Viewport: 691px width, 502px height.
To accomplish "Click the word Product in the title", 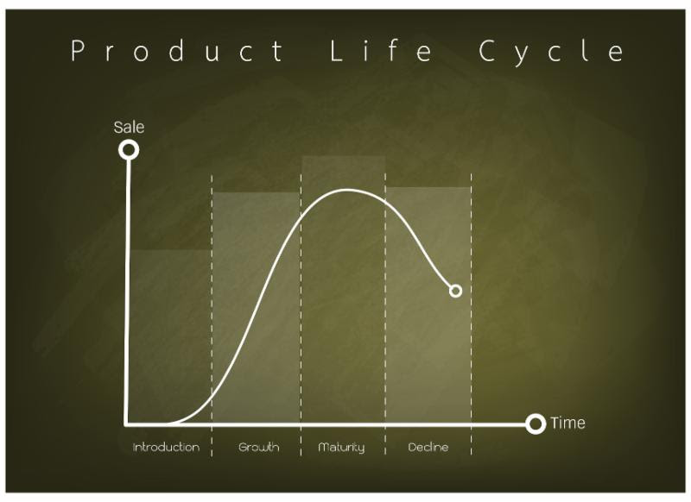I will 177,52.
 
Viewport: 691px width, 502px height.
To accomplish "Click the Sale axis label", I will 129,128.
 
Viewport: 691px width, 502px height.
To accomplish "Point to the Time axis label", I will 567,423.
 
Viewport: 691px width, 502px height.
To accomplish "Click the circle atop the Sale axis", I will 129,150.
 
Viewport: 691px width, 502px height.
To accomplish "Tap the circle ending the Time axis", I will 536,424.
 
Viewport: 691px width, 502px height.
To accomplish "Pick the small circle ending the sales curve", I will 455,291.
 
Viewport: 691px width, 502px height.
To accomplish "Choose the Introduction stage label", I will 166,448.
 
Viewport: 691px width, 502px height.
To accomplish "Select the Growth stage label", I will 258,448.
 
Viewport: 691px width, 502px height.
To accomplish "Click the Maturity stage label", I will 341,448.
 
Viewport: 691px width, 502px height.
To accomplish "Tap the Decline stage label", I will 428,448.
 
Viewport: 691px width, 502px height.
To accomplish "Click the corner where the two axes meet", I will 128,424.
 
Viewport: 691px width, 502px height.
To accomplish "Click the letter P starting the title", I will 78,52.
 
